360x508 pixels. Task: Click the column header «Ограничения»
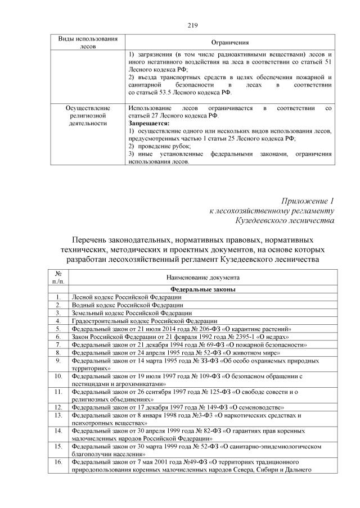tap(230, 43)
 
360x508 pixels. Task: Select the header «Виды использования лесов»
tap(88, 43)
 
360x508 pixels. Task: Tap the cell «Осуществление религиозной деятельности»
tap(88, 115)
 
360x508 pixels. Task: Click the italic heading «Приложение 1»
tap(308, 201)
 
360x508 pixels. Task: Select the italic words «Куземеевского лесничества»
tap(285, 221)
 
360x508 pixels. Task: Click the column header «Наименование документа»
tap(203, 277)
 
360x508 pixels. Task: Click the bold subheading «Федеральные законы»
tap(203, 289)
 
